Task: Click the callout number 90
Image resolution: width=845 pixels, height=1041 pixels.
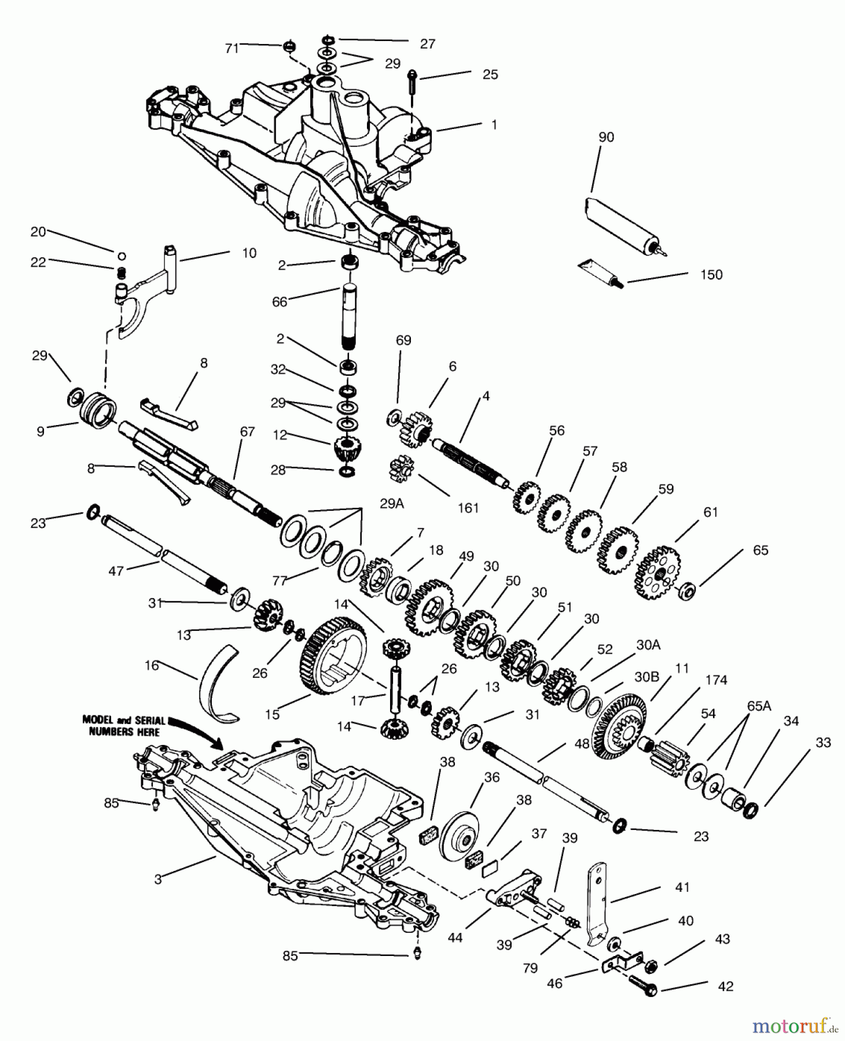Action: tap(606, 138)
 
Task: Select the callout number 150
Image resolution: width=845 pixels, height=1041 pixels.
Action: tap(711, 275)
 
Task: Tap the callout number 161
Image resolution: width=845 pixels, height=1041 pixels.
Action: tap(468, 508)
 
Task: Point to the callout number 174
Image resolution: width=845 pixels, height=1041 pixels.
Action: tap(716, 680)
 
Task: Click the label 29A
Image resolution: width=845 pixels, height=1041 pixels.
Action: tap(391, 504)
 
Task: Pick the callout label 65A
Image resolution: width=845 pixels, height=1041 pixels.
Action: tap(758, 706)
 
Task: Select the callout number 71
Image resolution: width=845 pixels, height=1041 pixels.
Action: tap(232, 49)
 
